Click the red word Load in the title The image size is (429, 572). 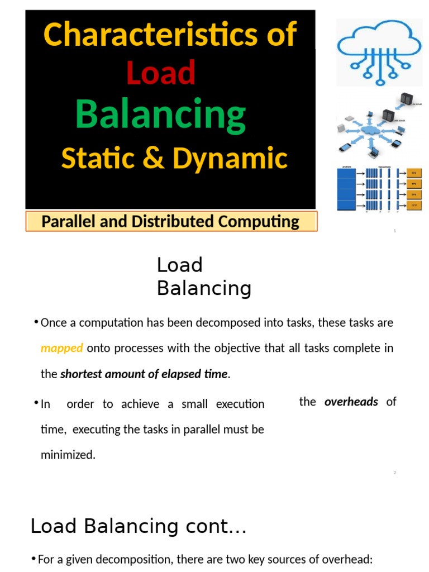161,73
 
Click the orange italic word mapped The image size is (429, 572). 62,349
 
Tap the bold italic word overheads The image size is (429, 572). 351,402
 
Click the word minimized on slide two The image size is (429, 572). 68,455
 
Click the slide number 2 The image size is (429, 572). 394,473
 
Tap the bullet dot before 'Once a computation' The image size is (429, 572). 36,322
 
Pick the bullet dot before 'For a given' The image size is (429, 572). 34,559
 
